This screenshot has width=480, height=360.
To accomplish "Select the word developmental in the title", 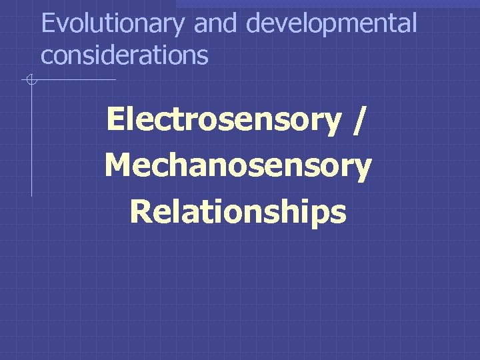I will point(331,25).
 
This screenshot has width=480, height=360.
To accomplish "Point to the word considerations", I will point(125,55).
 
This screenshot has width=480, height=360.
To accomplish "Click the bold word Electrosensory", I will point(223,121).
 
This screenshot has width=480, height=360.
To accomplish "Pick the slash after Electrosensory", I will point(361,121).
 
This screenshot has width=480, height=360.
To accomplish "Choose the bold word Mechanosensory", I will point(238,167).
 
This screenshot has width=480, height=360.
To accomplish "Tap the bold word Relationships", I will point(238,212).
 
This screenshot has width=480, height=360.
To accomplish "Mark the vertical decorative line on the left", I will point(31,140).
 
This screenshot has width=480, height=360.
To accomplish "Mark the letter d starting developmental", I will point(254,23).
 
